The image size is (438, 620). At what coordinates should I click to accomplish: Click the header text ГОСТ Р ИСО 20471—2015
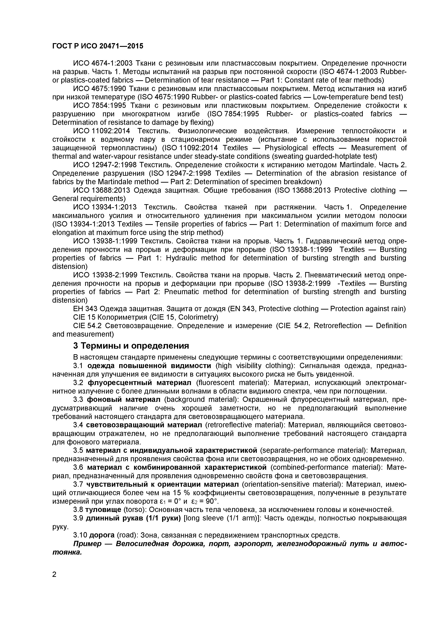coord(98,46)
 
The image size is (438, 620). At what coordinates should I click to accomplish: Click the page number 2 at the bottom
coord(54,582)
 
